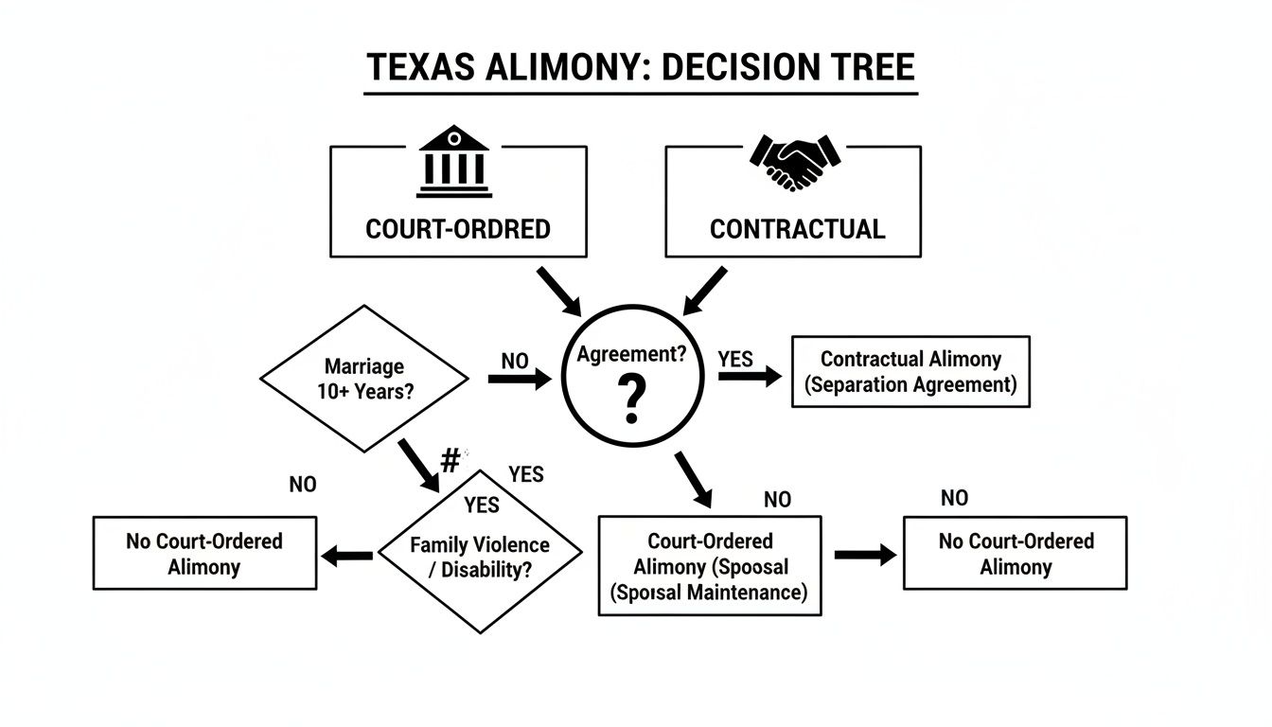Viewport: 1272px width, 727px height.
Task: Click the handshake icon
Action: (x=795, y=161)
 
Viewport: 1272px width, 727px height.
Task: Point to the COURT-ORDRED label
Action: (x=457, y=229)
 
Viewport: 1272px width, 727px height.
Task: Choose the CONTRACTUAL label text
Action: (x=797, y=229)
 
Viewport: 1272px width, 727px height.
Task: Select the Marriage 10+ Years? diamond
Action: (x=364, y=379)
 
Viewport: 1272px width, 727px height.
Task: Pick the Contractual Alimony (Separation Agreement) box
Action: (x=910, y=372)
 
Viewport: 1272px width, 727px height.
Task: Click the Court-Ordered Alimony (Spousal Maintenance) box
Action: (x=710, y=567)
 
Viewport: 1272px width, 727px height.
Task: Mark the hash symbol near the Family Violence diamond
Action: (x=450, y=461)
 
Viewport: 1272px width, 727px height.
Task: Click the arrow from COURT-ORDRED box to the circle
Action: (x=559, y=291)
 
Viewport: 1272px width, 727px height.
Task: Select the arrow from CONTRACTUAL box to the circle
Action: (x=704, y=291)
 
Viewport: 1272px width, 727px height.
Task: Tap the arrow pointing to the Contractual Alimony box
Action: (x=750, y=377)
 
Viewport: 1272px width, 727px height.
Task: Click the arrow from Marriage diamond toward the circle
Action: (x=519, y=380)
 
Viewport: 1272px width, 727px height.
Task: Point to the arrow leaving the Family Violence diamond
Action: (x=347, y=557)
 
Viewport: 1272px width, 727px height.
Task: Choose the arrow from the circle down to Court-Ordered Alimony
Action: (x=693, y=479)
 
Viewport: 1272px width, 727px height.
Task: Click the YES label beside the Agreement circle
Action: (x=735, y=359)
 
